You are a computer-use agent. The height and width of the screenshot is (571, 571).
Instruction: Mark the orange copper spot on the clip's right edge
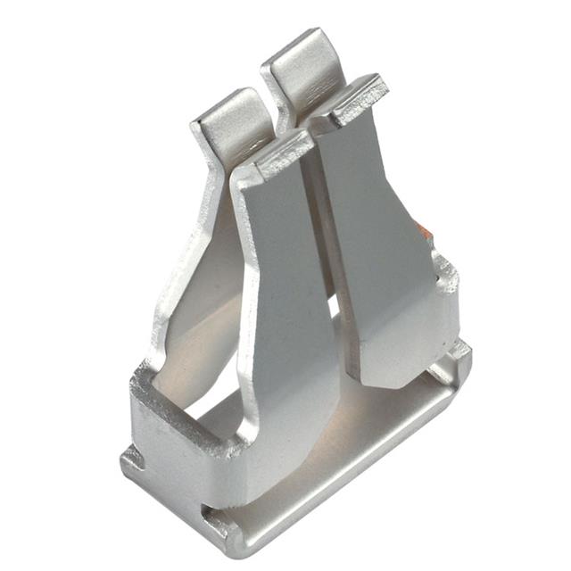pyautogui.click(x=426, y=233)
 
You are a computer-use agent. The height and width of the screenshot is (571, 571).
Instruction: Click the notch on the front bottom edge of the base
pyautogui.click(x=212, y=515)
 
